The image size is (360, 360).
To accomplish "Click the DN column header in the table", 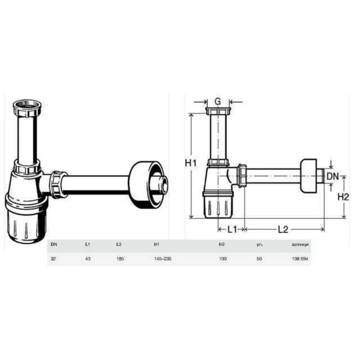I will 54,244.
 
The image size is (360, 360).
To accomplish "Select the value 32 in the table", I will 54,258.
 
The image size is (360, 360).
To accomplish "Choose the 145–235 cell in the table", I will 162,258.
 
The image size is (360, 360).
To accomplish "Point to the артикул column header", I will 300,244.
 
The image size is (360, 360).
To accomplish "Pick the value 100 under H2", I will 223,258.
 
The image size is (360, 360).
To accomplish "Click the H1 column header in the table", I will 156,244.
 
